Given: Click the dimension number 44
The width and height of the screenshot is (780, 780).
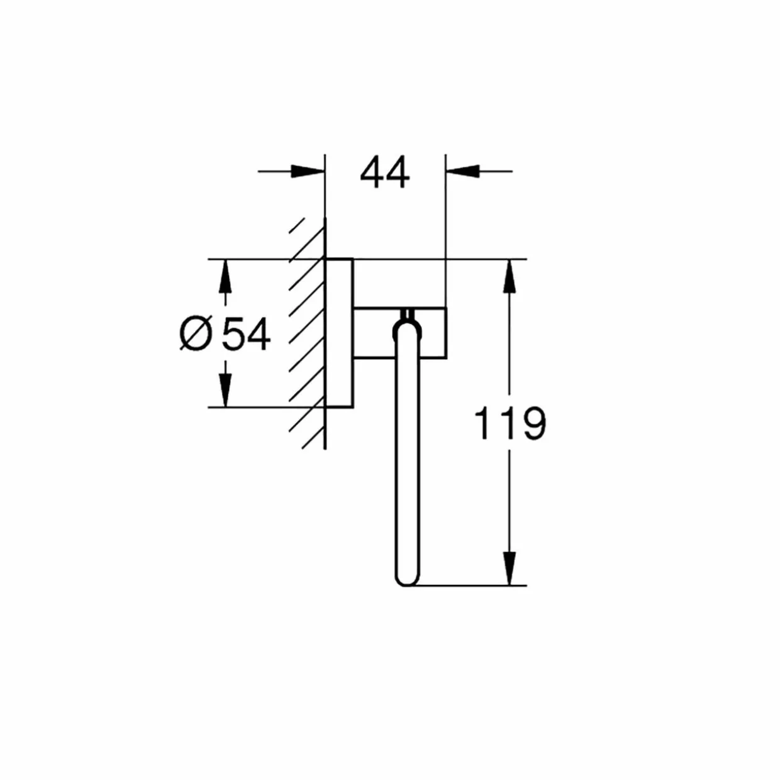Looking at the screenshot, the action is pos(384,173).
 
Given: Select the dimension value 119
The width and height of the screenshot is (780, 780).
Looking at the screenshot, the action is pos(510,424).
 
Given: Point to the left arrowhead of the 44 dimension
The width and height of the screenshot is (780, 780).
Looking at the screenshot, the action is pos(308,171).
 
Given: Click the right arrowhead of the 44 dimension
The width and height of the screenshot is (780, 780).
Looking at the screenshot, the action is pos(462,171).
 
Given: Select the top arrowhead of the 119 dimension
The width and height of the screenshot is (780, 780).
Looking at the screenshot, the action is pos(510,276).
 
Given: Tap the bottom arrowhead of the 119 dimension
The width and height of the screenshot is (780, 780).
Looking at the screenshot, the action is pos(510,568).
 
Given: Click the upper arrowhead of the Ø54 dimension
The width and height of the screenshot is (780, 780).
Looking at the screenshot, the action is pos(225,276).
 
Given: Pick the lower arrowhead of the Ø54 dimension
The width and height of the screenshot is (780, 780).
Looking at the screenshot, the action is pos(225,390).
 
